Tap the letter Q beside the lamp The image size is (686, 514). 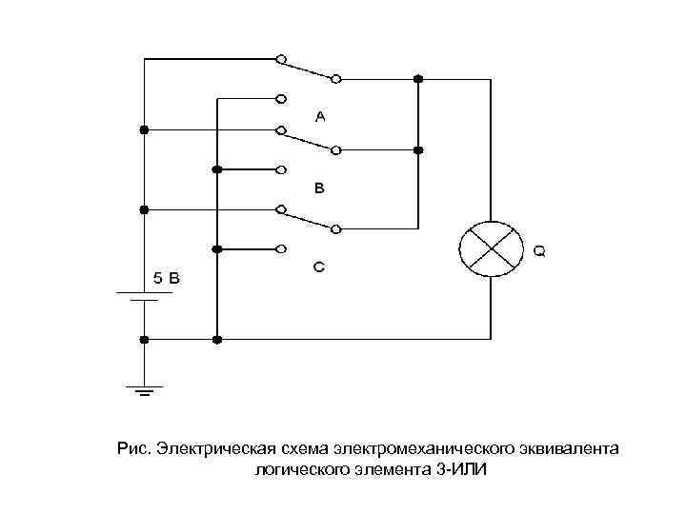[539, 252]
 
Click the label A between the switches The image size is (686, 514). [320, 116]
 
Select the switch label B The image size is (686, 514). [320, 188]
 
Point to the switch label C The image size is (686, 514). [320, 267]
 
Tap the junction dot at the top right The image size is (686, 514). [418, 77]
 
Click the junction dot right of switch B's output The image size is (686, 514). [418, 149]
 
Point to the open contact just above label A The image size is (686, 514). [281, 97]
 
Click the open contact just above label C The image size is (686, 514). [281, 248]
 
